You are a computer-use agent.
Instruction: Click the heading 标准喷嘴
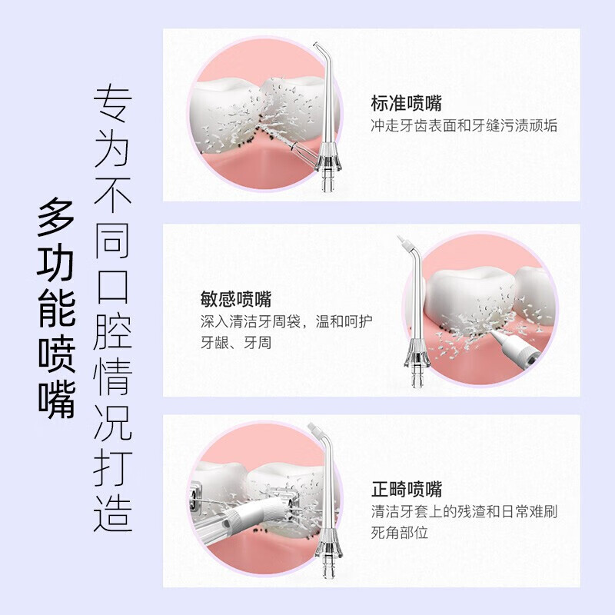click(x=406, y=103)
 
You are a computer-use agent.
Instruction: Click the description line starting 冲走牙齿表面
click(x=464, y=126)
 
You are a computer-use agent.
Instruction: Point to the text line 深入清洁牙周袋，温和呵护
click(x=288, y=321)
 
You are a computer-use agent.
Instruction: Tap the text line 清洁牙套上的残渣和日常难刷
click(x=464, y=511)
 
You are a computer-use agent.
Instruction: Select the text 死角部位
click(x=400, y=532)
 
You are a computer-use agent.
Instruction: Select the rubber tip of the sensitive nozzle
click(x=403, y=244)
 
